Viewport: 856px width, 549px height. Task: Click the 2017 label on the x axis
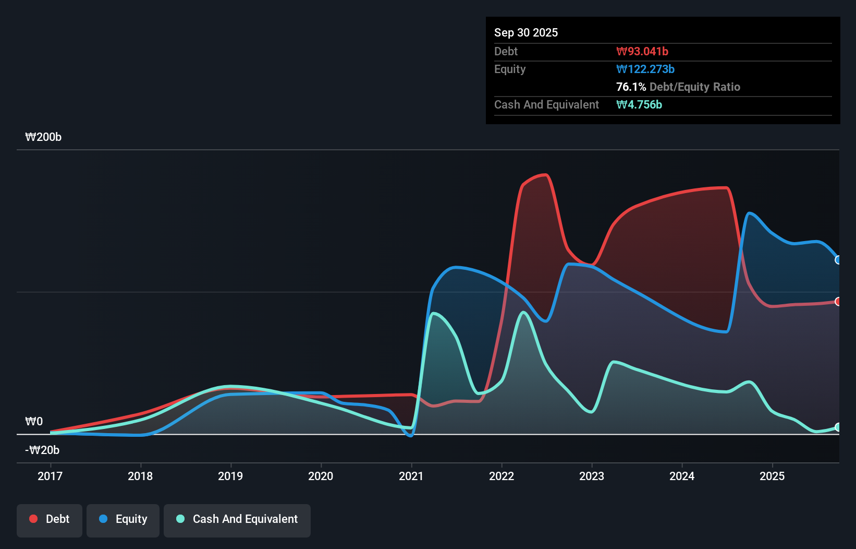[50, 476]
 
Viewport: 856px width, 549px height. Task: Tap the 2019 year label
[230, 476]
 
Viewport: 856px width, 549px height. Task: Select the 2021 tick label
[411, 476]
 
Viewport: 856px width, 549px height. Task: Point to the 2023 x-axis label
[592, 476]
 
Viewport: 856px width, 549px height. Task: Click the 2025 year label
[772, 476]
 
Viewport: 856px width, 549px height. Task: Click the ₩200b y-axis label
[43, 137]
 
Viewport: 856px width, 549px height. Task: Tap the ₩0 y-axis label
[34, 422]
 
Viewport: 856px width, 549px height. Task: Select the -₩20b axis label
[42, 450]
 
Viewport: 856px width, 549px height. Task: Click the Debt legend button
[50, 519]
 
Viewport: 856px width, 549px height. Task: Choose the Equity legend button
[123, 519]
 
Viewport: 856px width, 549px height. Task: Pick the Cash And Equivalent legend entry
[237, 519]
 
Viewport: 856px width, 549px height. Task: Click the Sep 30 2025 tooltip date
[526, 32]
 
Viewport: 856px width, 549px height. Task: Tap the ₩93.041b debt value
[642, 51]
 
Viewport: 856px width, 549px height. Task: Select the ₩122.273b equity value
[645, 69]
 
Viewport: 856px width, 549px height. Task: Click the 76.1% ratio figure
[631, 87]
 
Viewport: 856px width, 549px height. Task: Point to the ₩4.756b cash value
[639, 104]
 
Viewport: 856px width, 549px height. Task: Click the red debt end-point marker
[838, 302]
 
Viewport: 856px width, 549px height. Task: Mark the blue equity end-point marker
[838, 260]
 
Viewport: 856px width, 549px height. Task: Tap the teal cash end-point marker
[838, 427]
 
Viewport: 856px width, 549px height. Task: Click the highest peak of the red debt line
[545, 175]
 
